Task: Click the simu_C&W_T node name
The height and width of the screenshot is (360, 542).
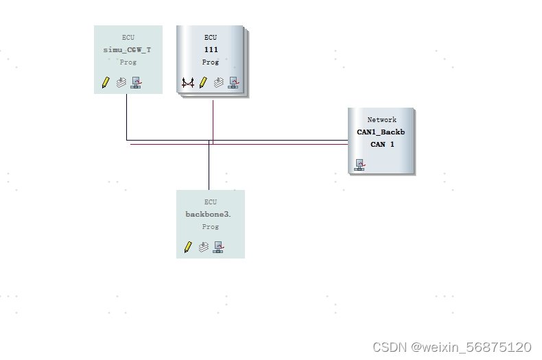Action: (128, 50)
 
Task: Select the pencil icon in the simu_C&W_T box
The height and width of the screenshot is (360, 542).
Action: (106, 82)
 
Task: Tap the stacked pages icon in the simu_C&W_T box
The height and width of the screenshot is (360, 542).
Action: (121, 82)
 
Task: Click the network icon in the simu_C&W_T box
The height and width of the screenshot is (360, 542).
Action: (136, 82)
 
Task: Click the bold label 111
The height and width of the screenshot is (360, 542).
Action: (211, 50)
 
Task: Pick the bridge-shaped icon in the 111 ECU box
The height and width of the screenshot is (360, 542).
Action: (188, 83)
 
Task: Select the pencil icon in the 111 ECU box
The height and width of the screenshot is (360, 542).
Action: (203, 83)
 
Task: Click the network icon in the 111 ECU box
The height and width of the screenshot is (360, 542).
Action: (233, 82)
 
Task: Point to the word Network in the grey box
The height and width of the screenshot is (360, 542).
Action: (381, 120)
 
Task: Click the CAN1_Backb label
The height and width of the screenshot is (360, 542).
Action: (381, 132)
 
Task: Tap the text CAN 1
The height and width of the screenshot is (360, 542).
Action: (382, 145)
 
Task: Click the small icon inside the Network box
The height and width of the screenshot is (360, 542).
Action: (360, 165)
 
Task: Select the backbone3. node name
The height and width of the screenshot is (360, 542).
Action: (209, 215)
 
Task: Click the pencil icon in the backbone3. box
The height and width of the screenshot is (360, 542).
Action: (188, 247)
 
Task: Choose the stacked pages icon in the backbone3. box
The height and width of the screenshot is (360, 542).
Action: (204, 247)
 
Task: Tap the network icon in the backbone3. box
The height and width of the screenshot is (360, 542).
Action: (218, 247)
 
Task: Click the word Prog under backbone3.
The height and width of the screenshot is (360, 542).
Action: (211, 227)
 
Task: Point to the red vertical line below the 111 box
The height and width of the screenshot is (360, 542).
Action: (213, 120)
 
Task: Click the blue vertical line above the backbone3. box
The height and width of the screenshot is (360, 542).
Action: (209, 168)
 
